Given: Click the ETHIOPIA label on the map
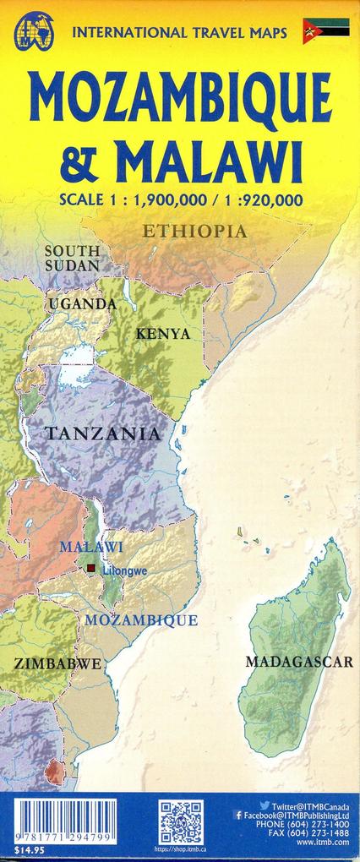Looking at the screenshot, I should (194, 231).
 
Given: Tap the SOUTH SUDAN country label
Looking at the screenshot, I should (72, 258).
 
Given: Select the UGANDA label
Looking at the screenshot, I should (82, 303).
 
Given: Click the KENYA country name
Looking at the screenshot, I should (162, 334).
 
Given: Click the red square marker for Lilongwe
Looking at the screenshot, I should (91, 570).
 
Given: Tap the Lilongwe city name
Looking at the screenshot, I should (125, 570).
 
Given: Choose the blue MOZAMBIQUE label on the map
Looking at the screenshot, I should (141, 619).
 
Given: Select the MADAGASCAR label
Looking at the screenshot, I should (298, 661).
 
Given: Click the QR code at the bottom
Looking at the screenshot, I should (181, 821).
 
